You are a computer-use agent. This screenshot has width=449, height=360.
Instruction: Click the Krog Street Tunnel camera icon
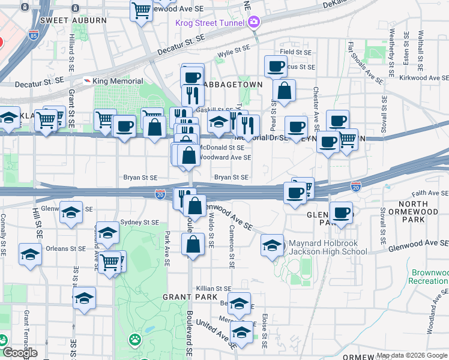[254, 23]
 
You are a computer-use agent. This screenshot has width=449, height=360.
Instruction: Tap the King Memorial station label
[118, 81]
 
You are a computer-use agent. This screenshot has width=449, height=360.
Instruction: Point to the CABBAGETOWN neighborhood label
[232, 85]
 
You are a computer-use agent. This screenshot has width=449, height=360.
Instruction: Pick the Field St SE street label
[295, 52]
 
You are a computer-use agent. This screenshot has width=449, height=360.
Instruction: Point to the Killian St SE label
[213, 289]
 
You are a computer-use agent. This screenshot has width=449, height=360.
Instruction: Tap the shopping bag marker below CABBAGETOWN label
[285, 91]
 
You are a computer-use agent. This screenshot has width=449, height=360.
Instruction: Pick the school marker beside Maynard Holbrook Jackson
[272, 245]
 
